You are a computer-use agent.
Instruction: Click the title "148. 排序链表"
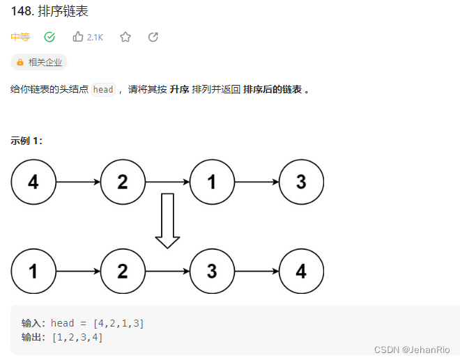[49, 12]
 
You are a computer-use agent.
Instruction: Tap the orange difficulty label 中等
[20, 37]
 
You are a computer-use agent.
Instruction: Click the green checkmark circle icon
[49, 37]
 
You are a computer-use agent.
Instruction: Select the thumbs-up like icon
[77, 37]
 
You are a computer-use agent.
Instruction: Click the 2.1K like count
[95, 38]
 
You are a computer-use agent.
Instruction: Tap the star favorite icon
[125, 37]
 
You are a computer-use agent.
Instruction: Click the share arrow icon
[153, 37]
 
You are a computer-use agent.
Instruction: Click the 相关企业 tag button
[39, 62]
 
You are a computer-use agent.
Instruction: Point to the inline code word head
[103, 90]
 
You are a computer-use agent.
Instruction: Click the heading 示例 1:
[26, 140]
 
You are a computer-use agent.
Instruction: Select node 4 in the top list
[33, 182]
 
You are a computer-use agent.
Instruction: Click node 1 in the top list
[212, 182]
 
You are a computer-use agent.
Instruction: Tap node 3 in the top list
[301, 182]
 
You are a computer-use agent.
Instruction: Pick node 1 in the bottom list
[33, 271]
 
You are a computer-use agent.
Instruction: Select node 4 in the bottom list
[301, 271]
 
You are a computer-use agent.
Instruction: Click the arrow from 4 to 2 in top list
[78, 182]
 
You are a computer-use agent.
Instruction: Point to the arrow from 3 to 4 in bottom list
[256, 271]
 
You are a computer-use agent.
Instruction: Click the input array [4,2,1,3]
[118, 323]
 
